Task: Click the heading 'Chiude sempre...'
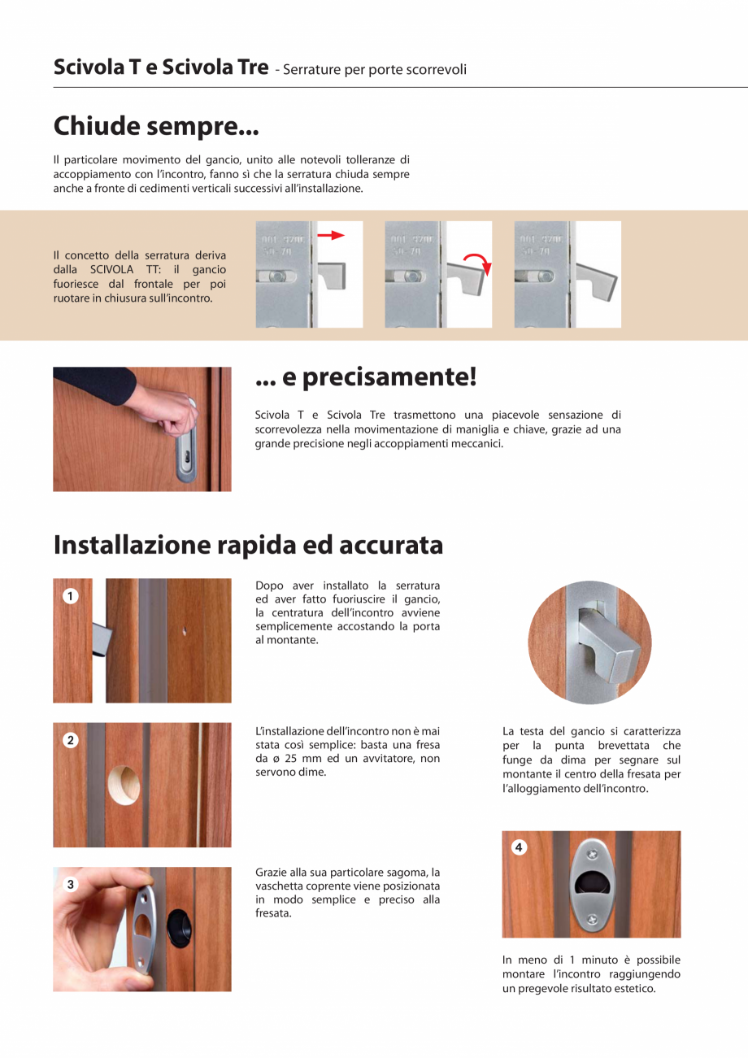(x=156, y=127)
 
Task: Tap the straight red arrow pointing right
(x=331, y=235)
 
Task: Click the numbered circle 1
(x=71, y=596)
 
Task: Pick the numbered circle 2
(x=71, y=740)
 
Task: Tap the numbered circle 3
(x=71, y=885)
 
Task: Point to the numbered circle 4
(x=520, y=848)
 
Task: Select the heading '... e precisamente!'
(x=365, y=377)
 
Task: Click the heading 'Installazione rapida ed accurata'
(x=248, y=544)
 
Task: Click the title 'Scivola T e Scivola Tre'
(x=161, y=67)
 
